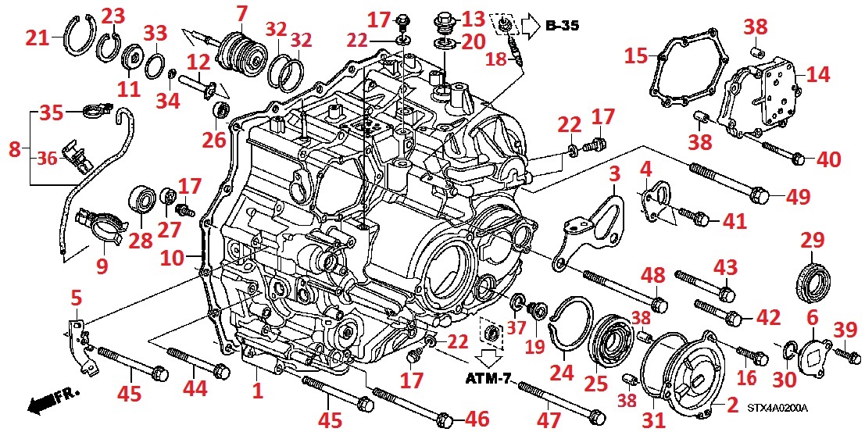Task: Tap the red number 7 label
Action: (x=241, y=12)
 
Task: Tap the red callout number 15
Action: (x=636, y=56)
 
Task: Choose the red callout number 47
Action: (x=549, y=420)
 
